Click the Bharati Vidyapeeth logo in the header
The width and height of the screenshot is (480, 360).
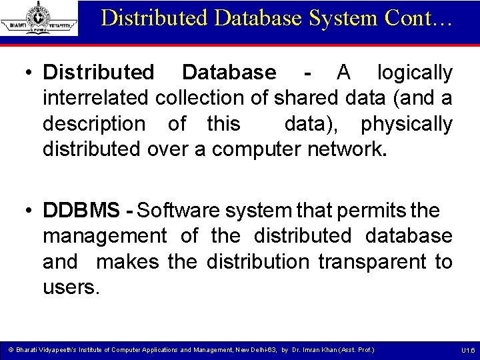pos(39,18)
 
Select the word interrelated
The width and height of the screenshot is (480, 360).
pos(95,98)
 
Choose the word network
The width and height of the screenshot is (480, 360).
pos(347,149)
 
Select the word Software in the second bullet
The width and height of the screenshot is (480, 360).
pos(177,211)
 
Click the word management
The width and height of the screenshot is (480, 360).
pos(105,236)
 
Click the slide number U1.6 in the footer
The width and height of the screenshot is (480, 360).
pos(468,350)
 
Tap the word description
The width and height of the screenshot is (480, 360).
pos(94,123)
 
